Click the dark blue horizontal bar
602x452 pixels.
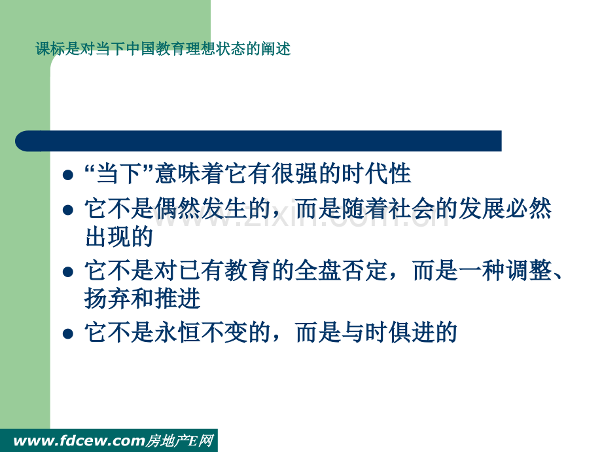258,141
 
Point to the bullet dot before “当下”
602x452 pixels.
68,175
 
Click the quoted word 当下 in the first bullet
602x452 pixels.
118,174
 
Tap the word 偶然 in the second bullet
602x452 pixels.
177,209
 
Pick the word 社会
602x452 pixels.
411,209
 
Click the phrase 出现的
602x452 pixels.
119,236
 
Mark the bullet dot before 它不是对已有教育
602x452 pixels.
68,272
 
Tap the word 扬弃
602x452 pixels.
107,299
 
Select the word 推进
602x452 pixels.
177,299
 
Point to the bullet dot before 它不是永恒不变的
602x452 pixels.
68,333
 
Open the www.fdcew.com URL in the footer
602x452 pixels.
79,441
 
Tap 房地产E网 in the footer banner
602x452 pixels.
179,441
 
